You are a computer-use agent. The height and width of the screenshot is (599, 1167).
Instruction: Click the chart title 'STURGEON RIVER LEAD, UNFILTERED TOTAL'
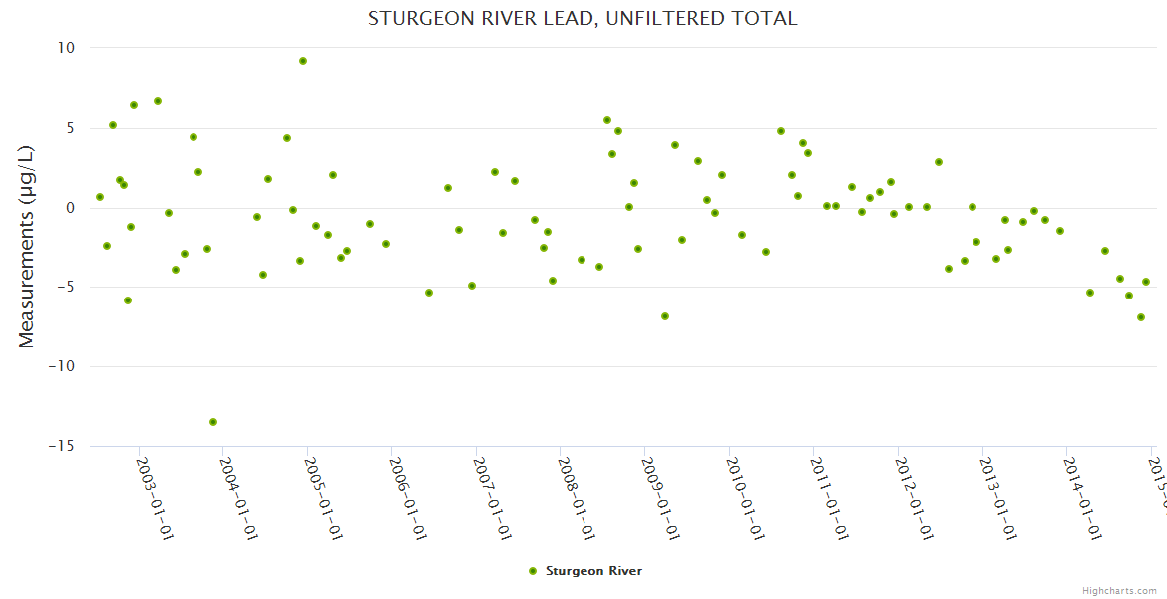coord(583,18)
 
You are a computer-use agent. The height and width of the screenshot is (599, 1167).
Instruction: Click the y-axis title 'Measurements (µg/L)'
coord(27,247)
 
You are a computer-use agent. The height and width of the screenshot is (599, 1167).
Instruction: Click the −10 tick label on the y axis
coord(62,366)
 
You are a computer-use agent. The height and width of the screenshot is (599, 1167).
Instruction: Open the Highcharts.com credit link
coord(1120,590)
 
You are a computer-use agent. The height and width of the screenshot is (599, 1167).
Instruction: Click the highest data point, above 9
coord(303,61)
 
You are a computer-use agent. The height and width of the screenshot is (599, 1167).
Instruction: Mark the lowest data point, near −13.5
coord(213,422)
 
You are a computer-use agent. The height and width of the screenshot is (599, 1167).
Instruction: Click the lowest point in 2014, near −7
coord(1141,317)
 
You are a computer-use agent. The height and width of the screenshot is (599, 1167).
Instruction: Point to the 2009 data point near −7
coord(665,316)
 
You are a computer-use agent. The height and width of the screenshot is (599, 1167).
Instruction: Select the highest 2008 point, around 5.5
coord(607,120)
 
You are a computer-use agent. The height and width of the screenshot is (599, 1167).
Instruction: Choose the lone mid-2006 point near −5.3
coord(429,293)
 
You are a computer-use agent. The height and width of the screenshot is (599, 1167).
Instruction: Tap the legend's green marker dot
coord(532,571)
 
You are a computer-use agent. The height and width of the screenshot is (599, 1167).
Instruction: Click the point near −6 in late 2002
coord(128,300)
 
